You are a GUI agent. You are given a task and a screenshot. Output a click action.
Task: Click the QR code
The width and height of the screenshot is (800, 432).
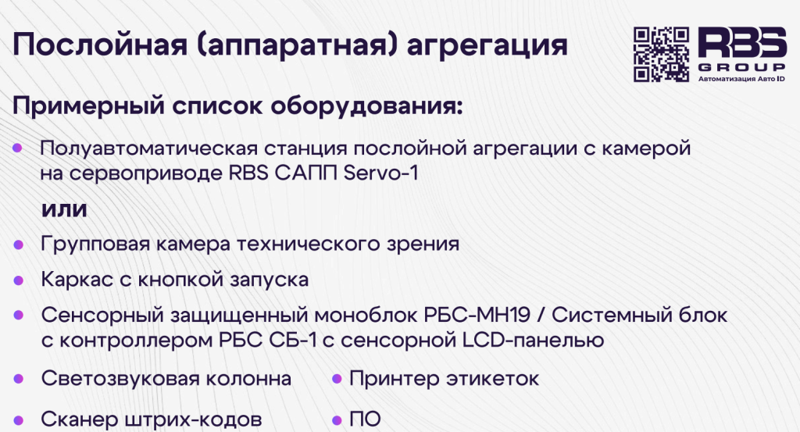661,55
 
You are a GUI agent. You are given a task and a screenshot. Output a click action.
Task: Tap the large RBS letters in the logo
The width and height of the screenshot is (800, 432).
742,42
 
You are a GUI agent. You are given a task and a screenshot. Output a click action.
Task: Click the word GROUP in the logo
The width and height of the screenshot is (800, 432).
742,67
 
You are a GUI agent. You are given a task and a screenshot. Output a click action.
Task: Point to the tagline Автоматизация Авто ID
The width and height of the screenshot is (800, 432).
741,79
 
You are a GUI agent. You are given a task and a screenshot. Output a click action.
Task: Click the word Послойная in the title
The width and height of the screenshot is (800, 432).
100,45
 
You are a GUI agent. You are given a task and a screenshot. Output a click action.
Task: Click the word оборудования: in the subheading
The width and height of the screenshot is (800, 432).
366,106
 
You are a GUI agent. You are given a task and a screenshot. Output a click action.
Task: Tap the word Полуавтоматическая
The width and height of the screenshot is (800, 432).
149,149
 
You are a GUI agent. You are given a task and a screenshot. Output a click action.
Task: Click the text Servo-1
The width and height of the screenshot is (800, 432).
380,173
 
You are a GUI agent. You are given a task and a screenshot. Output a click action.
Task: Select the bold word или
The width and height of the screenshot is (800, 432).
64,209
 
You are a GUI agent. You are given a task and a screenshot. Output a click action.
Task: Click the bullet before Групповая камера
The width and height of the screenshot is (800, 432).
19,245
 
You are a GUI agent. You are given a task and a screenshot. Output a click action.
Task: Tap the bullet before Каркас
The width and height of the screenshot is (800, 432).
19,280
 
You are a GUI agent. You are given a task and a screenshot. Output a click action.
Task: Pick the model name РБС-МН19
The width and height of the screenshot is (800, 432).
477,315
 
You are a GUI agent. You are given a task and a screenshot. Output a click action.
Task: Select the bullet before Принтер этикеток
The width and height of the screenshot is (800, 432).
337,379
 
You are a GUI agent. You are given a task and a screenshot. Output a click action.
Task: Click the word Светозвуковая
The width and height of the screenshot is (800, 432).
120,379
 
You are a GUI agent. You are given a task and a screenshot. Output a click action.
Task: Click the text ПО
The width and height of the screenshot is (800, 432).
365,420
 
